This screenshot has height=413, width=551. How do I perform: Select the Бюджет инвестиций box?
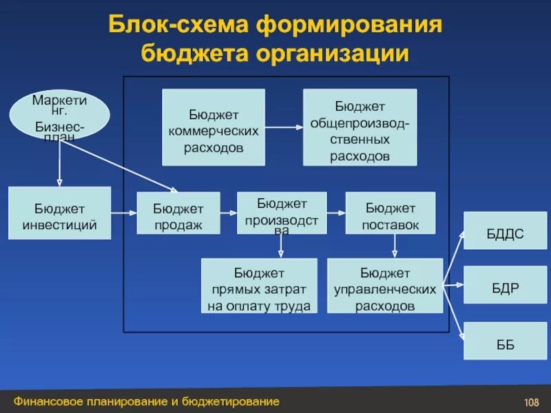[x=59, y=213]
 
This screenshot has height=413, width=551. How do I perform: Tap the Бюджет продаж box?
[x=178, y=214]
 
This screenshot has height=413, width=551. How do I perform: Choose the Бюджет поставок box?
[x=391, y=214]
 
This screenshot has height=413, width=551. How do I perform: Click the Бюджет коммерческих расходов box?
[x=214, y=127]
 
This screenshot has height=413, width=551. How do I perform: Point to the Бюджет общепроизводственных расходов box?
[x=360, y=127]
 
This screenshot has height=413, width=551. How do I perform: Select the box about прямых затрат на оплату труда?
[x=259, y=286]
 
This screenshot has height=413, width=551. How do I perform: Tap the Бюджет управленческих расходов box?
[x=385, y=286]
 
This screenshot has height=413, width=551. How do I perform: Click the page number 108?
[x=530, y=402]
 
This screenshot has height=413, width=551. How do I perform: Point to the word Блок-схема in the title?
[x=178, y=25]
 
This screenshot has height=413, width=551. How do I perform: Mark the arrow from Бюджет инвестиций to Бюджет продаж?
[x=123, y=213]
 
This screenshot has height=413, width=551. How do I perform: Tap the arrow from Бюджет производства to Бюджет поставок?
[x=335, y=213]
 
